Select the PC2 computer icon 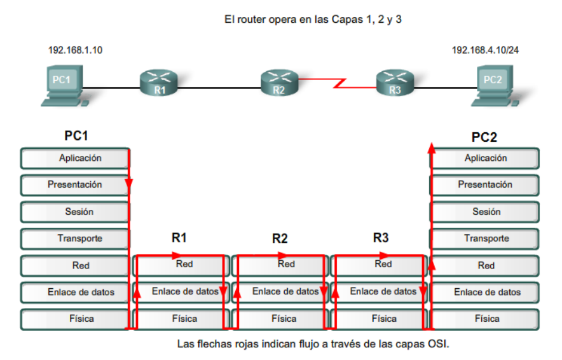coord(493,86)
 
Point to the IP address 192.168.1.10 coord(75,50)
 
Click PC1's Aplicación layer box coord(74,158)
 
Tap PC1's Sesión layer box coord(74,212)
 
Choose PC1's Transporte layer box coord(74,239)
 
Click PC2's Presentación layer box coord(485,185)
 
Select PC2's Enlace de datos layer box coord(486,292)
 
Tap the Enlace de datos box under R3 coord(380,291)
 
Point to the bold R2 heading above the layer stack coord(280,239)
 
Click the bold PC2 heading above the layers coord(484,137)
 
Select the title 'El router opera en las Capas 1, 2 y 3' coord(313,20)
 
